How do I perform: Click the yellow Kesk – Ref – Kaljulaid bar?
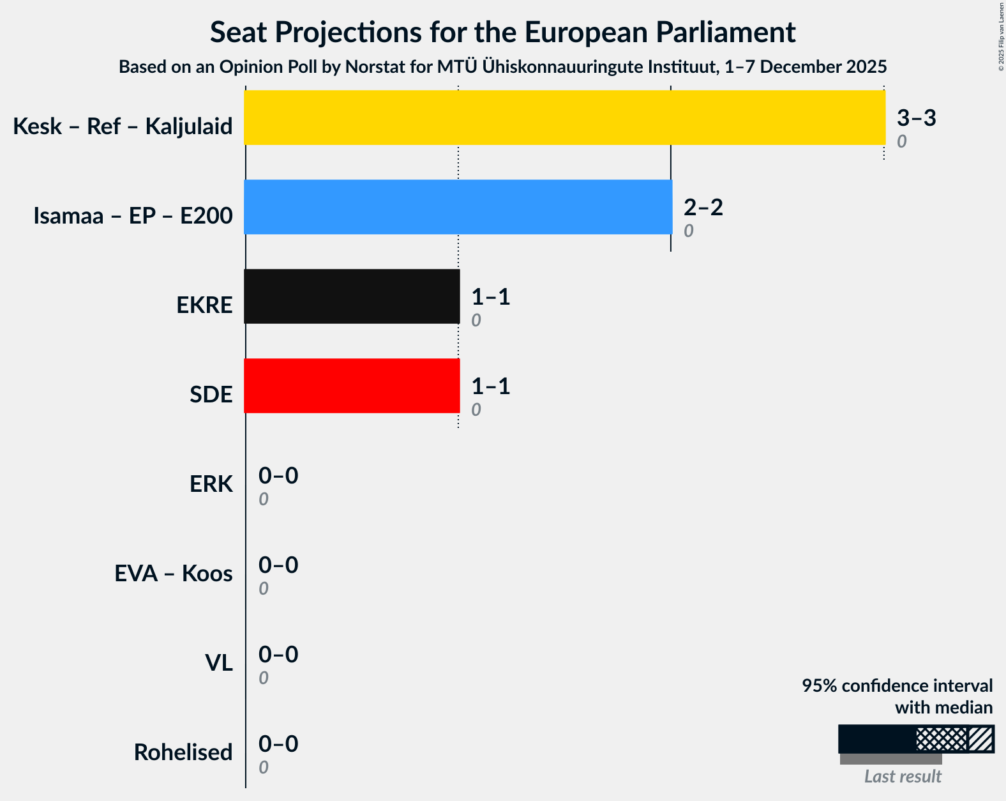[x=564, y=118]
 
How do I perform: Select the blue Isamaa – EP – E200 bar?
[x=458, y=207]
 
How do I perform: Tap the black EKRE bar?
[x=352, y=296]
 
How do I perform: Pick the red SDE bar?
[x=352, y=386]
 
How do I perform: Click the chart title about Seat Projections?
[x=502, y=32]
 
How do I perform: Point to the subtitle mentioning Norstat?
[x=502, y=67]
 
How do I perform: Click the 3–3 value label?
[x=916, y=118]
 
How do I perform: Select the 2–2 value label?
[x=703, y=208]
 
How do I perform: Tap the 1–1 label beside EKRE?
[x=490, y=297]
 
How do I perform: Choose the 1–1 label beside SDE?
[x=490, y=386]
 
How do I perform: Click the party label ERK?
[x=211, y=484]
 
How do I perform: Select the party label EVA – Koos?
[x=173, y=574]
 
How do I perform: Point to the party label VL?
[x=218, y=663]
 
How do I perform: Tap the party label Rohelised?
[x=183, y=752]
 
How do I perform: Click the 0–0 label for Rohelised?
[x=278, y=744]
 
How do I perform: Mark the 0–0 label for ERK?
[x=278, y=476]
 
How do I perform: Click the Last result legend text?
[x=902, y=777]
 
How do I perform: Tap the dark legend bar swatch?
[x=877, y=739]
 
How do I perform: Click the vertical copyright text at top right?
[x=1001, y=36]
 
